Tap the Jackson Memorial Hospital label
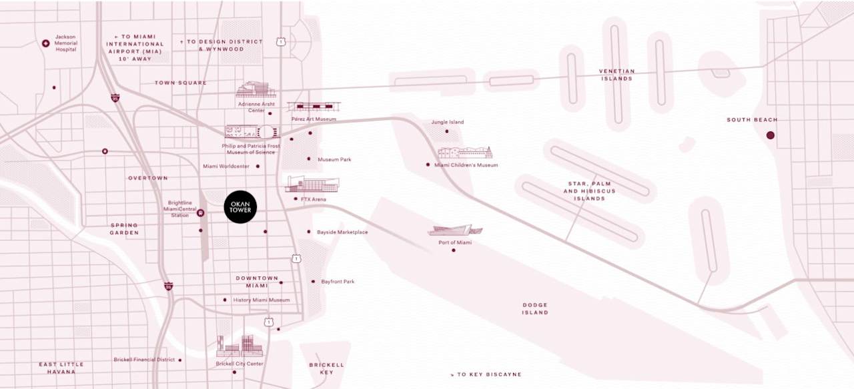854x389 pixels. (x=66, y=43)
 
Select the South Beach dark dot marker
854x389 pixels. (x=771, y=135)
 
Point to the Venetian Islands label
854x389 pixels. (x=616, y=75)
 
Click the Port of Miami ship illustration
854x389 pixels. (x=455, y=231)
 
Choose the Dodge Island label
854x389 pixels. (x=535, y=308)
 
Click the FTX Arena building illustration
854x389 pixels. (x=312, y=185)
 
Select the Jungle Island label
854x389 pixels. (x=448, y=122)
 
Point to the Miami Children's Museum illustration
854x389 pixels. (x=465, y=152)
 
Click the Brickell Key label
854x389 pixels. (x=326, y=368)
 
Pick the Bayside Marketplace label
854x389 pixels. (x=343, y=232)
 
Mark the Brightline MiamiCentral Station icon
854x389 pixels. (x=201, y=213)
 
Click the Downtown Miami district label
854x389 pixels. (x=257, y=282)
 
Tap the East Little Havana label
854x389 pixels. (x=61, y=368)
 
